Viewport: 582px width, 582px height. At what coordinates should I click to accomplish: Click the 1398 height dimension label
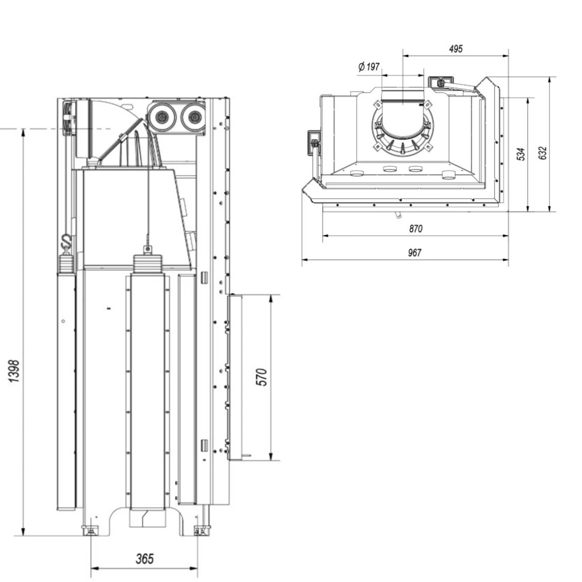coord(15,371)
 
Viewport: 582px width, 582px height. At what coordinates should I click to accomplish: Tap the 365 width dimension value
coord(145,558)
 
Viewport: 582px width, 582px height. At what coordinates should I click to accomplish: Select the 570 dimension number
coord(262,377)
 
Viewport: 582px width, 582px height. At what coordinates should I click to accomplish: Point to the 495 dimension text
coord(455,49)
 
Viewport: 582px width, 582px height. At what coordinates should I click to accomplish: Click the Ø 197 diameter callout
coord(369,67)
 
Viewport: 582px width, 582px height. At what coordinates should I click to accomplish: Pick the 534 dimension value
coord(522,154)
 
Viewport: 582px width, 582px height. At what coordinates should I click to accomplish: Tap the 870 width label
coord(416,229)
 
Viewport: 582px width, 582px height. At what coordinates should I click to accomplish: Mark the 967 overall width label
coord(415,253)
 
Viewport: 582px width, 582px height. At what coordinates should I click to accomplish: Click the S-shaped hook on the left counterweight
coord(66,241)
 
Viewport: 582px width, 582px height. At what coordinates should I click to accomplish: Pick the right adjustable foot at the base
coord(199,531)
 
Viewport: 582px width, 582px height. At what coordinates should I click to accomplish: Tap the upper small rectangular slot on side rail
coord(204,276)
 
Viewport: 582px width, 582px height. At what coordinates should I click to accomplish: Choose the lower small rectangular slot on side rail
coord(204,444)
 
